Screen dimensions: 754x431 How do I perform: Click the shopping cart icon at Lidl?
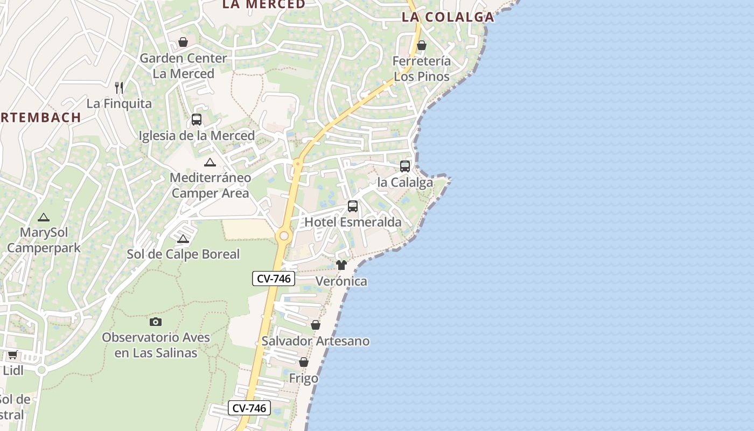(x=12, y=354)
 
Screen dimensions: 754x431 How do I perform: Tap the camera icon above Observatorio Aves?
(x=155, y=322)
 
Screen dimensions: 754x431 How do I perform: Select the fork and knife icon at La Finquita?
(x=119, y=87)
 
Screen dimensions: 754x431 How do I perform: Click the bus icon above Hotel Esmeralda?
(x=353, y=206)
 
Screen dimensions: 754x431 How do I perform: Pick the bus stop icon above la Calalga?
(x=405, y=166)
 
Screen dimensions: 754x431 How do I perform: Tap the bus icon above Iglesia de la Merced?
(x=197, y=120)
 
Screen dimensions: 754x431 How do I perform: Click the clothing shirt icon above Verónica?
(x=341, y=265)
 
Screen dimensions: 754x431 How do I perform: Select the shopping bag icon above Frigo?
(x=304, y=362)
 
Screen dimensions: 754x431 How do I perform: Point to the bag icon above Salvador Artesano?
(x=316, y=325)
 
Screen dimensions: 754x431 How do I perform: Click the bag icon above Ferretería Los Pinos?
(x=422, y=45)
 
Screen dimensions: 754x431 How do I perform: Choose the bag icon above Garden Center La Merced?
(x=183, y=42)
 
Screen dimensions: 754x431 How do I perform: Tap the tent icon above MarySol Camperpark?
(x=44, y=218)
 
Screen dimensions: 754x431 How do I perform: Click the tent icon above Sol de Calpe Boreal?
(x=183, y=239)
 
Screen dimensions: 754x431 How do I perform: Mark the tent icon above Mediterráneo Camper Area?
(x=210, y=162)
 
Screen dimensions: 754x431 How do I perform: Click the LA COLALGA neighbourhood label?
(x=448, y=17)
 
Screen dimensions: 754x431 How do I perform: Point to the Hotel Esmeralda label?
(x=353, y=222)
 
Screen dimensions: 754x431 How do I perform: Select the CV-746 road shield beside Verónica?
(x=274, y=279)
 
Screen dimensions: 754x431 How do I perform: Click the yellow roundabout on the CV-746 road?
(x=283, y=236)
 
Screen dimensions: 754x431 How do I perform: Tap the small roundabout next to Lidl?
(x=41, y=370)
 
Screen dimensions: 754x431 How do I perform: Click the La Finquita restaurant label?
(x=119, y=103)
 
